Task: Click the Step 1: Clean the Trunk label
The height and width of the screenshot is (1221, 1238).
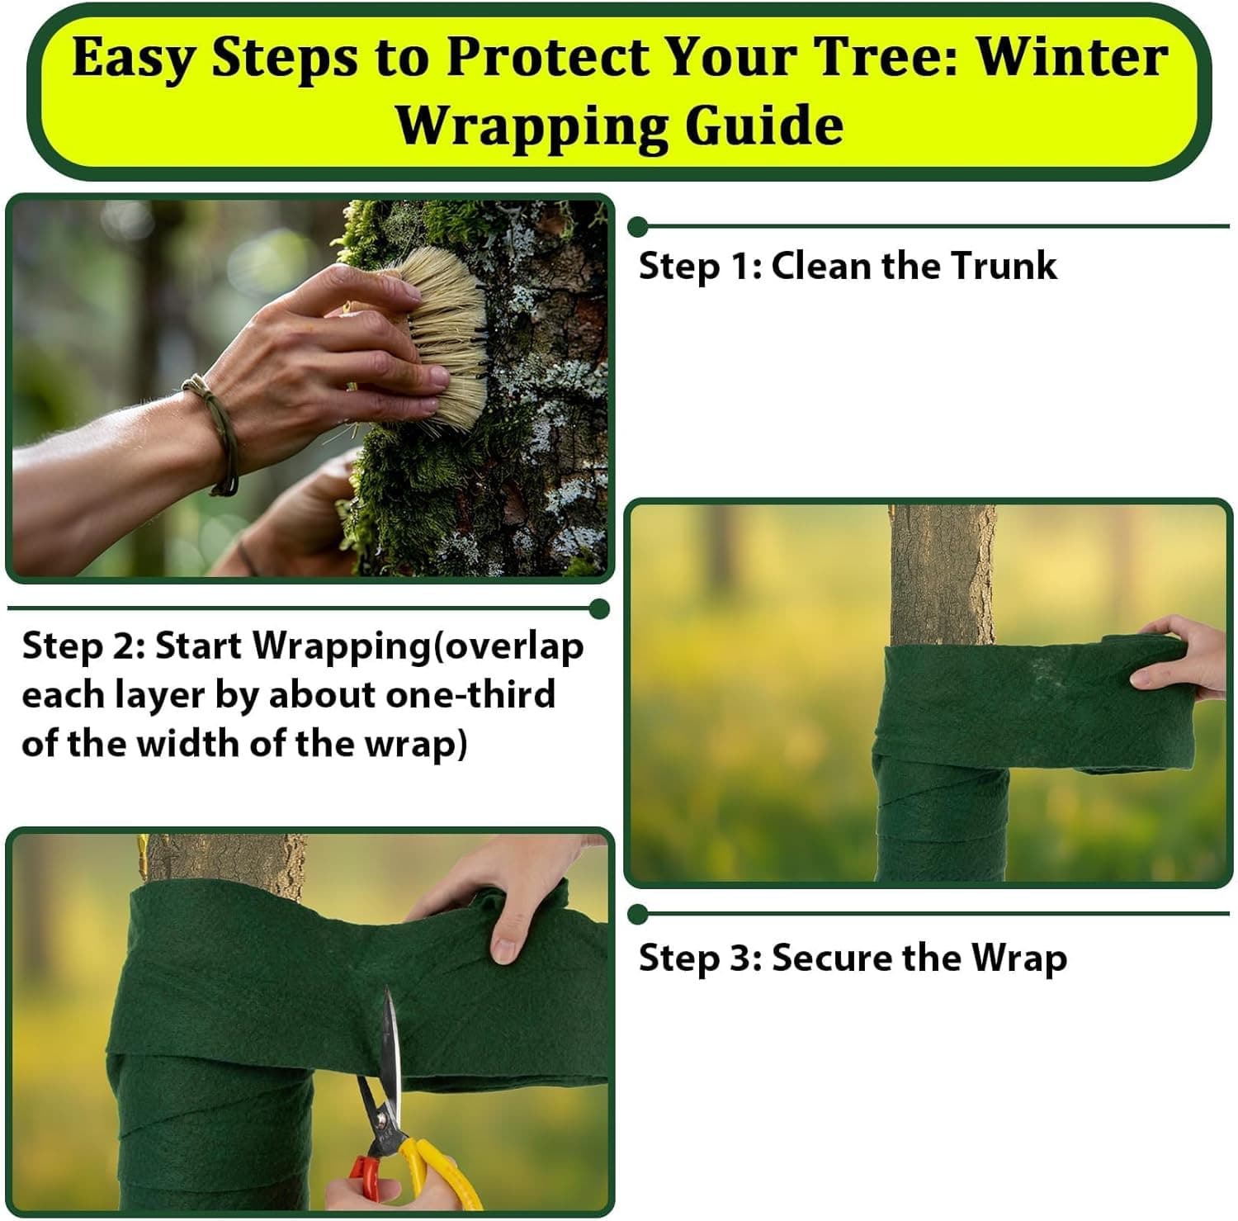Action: [x=847, y=266]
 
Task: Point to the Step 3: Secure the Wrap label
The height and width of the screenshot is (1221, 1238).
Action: [x=852, y=958]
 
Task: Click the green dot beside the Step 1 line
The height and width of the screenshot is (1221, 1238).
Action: [x=637, y=226]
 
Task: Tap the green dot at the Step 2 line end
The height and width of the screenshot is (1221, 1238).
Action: [x=600, y=609]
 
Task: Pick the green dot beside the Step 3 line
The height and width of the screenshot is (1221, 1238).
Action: [x=637, y=915]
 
